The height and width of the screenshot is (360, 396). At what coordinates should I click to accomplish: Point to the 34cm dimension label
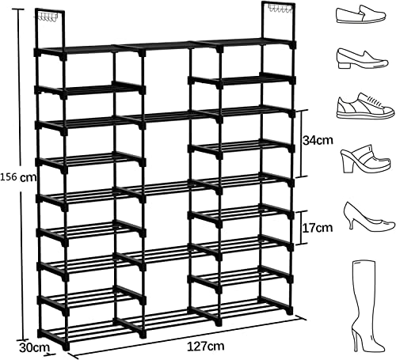click(x=319, y=141)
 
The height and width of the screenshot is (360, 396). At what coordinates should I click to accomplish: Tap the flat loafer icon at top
click(x=360, y=14)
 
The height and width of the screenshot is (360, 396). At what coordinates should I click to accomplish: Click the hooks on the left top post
click(x=51, y=14)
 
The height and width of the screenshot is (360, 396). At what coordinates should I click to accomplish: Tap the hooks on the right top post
click(x=277, y=9)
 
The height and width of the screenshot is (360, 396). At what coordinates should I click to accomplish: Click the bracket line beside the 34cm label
click(x=303, y=143)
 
